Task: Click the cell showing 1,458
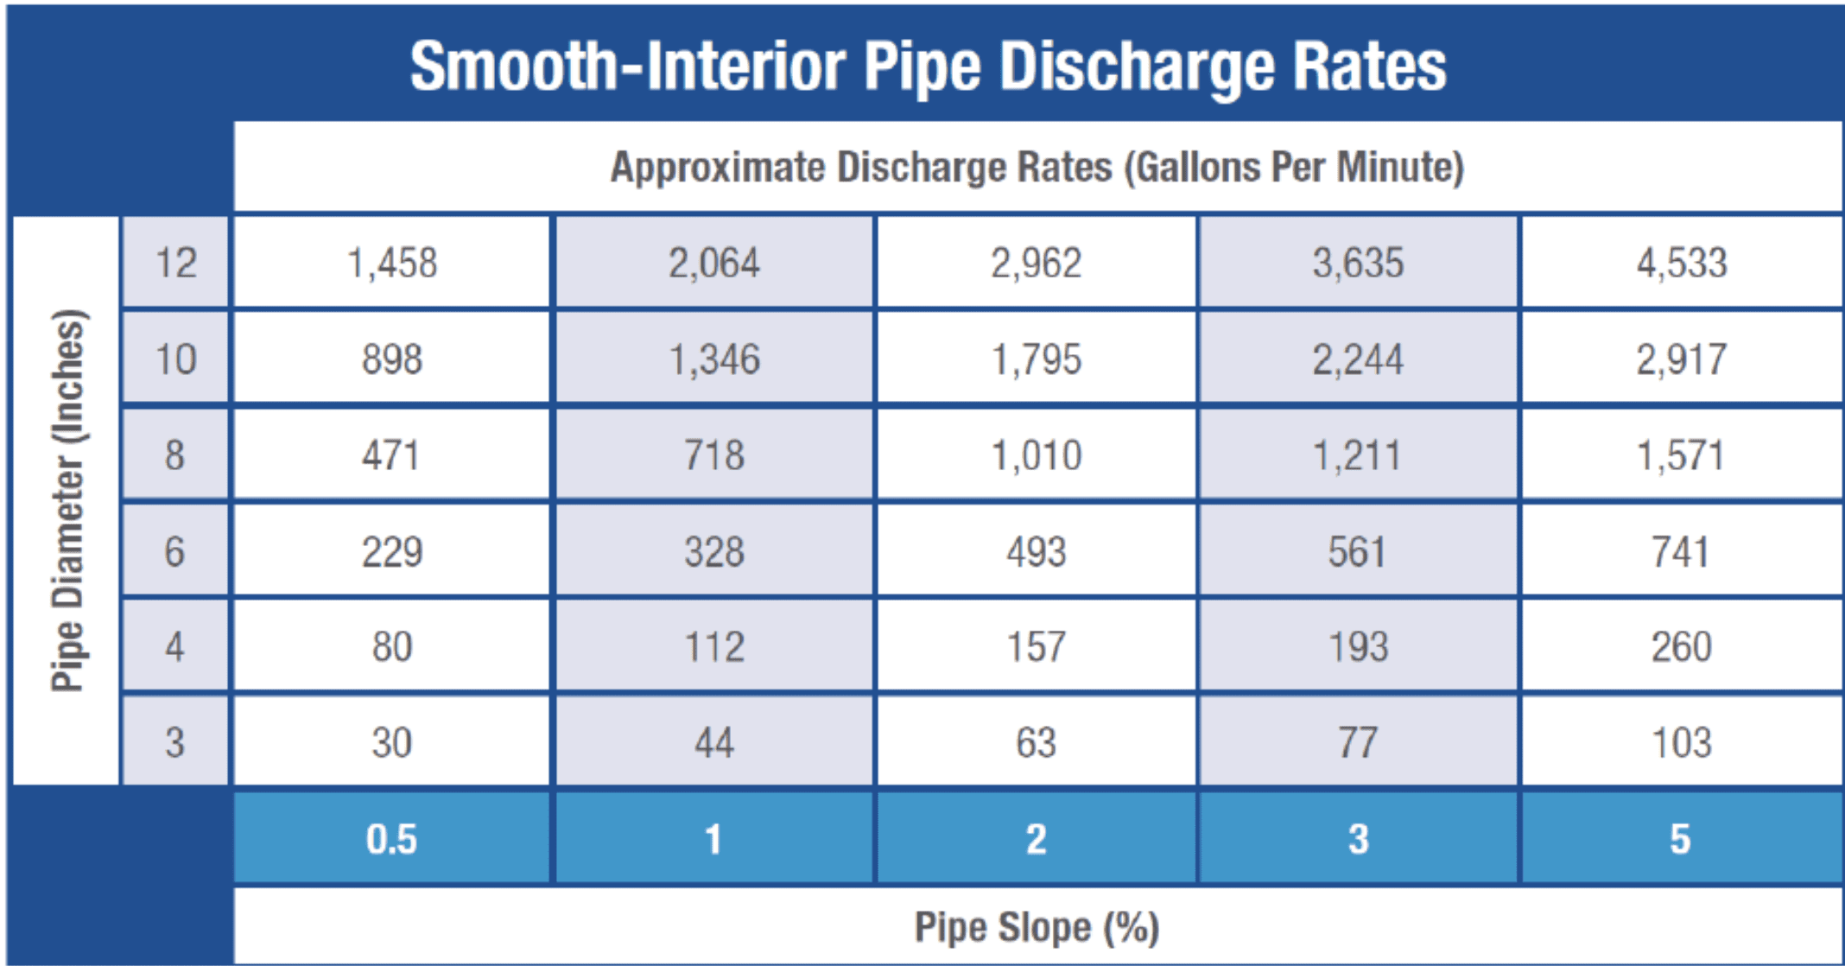(391, 263)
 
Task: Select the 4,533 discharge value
(1681, 263)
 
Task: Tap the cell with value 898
(391, 359)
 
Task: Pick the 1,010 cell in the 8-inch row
(1036, 455)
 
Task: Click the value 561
(1357, 551)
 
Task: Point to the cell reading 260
(1681, 647)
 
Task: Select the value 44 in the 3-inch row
(713, 743)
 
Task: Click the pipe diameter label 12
(175, 263)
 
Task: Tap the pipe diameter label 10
(175, 359)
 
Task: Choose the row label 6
(175, 551)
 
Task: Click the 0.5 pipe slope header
(391, 839)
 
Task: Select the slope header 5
(1680, 839)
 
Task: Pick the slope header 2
(1036, 839)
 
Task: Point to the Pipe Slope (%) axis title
(1036, 928)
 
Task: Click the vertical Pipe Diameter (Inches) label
(67, 501)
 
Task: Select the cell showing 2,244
(1357, 359)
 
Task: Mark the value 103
(1681, 743)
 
